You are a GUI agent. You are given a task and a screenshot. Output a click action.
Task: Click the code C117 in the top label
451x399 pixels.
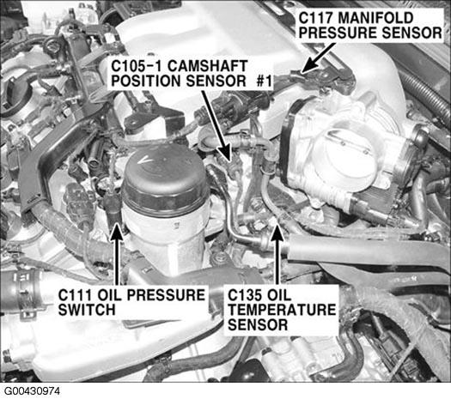pyautogui.click(x=316, y=17)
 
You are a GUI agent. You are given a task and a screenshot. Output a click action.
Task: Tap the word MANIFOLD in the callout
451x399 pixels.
pyautogui.click(x=375, y=17)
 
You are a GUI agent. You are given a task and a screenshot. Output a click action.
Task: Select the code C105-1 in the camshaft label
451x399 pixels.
pyautogui.click(x=137, y=66)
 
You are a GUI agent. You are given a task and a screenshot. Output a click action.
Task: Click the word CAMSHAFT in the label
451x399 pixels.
pyautogui.click(x=207, y=66)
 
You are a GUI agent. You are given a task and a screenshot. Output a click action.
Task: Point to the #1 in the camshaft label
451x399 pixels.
pyautogui.click(x=265, y=81)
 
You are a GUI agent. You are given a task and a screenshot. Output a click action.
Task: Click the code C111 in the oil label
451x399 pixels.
pyautogui.click(x=75, y=294)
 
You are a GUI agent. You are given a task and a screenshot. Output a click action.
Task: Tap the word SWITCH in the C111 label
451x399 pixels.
pyautogui.click(x=87, y=310)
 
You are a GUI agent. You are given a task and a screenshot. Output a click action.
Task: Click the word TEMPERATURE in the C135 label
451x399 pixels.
pyautogui.click(x=282, y=310)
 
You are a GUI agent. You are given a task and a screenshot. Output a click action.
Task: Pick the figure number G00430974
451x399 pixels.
pyautogui.click(x=32, y=391)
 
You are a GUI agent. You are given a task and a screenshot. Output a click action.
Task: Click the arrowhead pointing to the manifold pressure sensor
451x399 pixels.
pyautogui.click(x=308, y=67)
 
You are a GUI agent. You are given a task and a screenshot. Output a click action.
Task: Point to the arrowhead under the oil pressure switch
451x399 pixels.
pyautogui.click(x=117, y=231)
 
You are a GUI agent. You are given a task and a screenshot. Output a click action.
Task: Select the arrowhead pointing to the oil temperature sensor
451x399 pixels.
pyautogui.click(x=277, y=231)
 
